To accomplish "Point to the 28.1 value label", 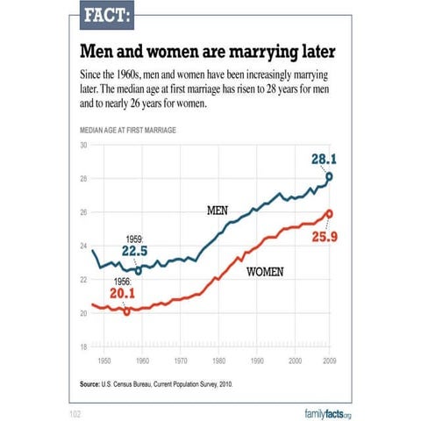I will point(322,159).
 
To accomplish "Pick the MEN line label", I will point(217,211).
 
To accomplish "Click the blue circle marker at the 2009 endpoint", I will point(329,176).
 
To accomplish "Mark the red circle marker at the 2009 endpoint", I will point(329,213).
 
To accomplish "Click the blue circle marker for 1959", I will point(138,271).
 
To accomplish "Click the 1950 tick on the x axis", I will point(103,360).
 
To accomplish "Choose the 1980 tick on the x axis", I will point(218,360).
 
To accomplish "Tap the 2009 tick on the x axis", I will point(329,360).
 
